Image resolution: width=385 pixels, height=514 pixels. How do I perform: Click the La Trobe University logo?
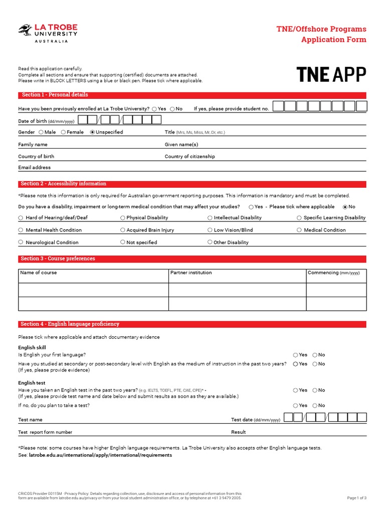(48, 33)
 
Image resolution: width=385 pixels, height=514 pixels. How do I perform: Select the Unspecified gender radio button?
(92, 132)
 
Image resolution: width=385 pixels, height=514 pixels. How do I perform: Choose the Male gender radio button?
(42, 132)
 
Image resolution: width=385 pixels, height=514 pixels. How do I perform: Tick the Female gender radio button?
(64, 132)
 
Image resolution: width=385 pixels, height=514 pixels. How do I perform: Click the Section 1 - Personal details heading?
(55, 95)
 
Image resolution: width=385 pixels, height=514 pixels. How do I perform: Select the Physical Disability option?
(123, 218)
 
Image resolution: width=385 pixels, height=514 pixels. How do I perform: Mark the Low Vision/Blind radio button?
(210, 230)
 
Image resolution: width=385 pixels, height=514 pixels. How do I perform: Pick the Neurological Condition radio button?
(21, 242)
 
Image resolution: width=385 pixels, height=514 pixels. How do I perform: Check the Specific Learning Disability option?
(299, 218)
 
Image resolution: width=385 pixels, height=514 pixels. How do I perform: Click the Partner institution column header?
(191, 273)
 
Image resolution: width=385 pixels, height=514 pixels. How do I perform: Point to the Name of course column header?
(39, 273)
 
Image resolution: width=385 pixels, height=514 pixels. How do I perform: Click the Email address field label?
(35, 168)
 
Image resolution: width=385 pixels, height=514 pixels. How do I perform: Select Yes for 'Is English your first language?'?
(296, 355)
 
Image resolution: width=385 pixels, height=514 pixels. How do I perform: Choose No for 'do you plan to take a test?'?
(315, 406)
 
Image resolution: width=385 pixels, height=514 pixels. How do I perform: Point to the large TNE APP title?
(331, 74)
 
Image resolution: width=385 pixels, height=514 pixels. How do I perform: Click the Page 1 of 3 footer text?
(356, 498)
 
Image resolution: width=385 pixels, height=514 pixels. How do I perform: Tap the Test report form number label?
(45, 432)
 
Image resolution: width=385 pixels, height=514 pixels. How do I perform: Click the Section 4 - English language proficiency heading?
(70, 324)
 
